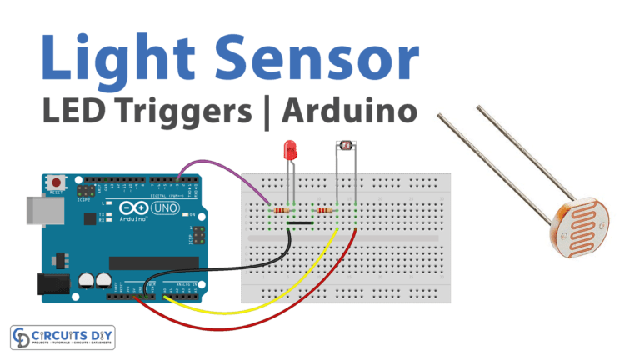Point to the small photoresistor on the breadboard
click(x=342, y=147)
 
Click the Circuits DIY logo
click(x=63, y=337)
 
